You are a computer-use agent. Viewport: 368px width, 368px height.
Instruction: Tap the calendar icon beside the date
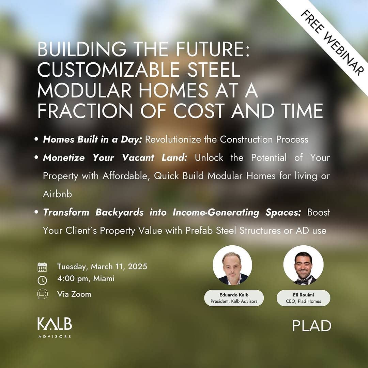pyautogui.click(x=42, y=267)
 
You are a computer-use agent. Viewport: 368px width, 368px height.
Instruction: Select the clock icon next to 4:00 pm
pyautogui.click(x=42, y=280)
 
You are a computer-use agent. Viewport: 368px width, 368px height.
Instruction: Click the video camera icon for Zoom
pyautogui.click(x=43, y=294)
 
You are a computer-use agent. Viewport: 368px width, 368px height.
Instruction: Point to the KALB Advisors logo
pyautogui.click(x=55, y=328)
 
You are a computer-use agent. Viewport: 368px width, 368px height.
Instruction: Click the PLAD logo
pyautogui.click(x=312, y=326)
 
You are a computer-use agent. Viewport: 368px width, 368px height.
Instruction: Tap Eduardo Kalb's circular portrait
pyautogui.click(x=232, y=265)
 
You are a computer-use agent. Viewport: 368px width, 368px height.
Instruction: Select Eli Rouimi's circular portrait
pyautogui.click(x=304, y=265)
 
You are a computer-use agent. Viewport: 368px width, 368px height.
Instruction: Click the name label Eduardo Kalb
pyautogui.click(x=234, y=295)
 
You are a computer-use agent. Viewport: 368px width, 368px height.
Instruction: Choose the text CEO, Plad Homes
pyautogui.click(x=304, y=301)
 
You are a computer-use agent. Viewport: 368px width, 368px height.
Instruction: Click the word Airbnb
pyautogui.click(x=58, y=194)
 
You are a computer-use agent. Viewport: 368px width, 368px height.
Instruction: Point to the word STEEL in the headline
pyautogui.click(x=214, y=70)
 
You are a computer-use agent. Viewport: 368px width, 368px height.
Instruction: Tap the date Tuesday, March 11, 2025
pyautogui.click(x=102, y=266)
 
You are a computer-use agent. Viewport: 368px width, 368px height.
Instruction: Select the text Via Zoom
pyautogui.click(x=74, y=294)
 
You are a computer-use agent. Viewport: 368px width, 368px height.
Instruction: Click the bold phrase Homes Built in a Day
pyautogui.click(x=92, y=139)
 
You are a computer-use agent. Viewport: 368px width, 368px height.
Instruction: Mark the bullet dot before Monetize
pyautogui.click(x=36, y=157)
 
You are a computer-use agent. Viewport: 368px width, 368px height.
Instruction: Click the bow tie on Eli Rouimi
pyautogui.click(x=303, y=280)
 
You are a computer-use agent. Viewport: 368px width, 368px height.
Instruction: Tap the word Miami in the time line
pyautogui.click(x=104, y=279)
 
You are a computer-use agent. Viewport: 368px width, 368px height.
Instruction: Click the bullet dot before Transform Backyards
pyautogui.click(x=36, y=212)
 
